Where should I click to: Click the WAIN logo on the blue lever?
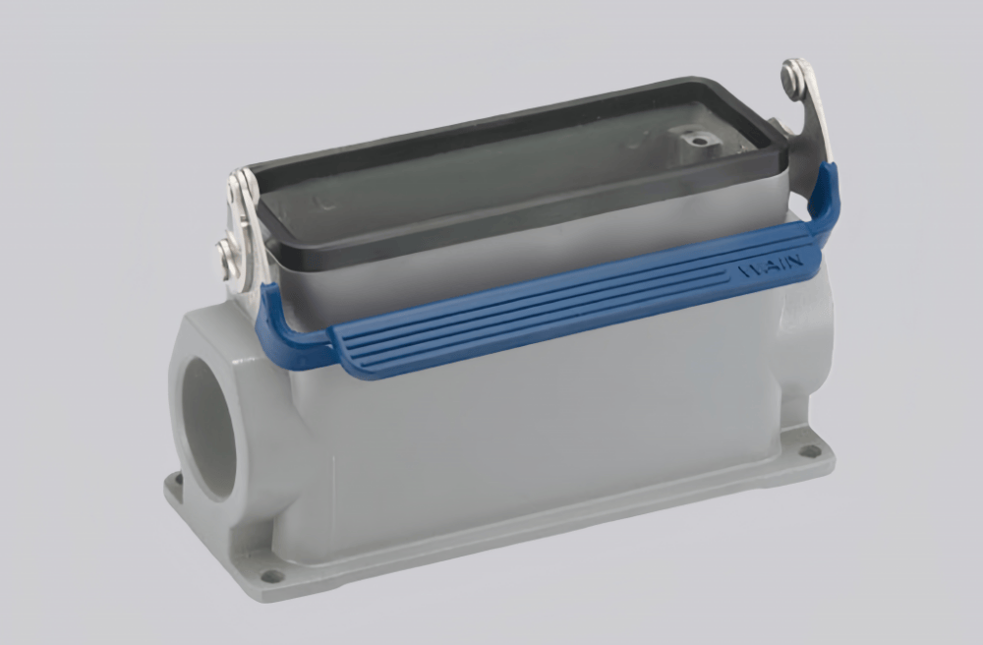click(x=765, y=266)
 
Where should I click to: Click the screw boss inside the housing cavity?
click(x=699, y=141)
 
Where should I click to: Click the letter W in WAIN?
click(x=744, y=271)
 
